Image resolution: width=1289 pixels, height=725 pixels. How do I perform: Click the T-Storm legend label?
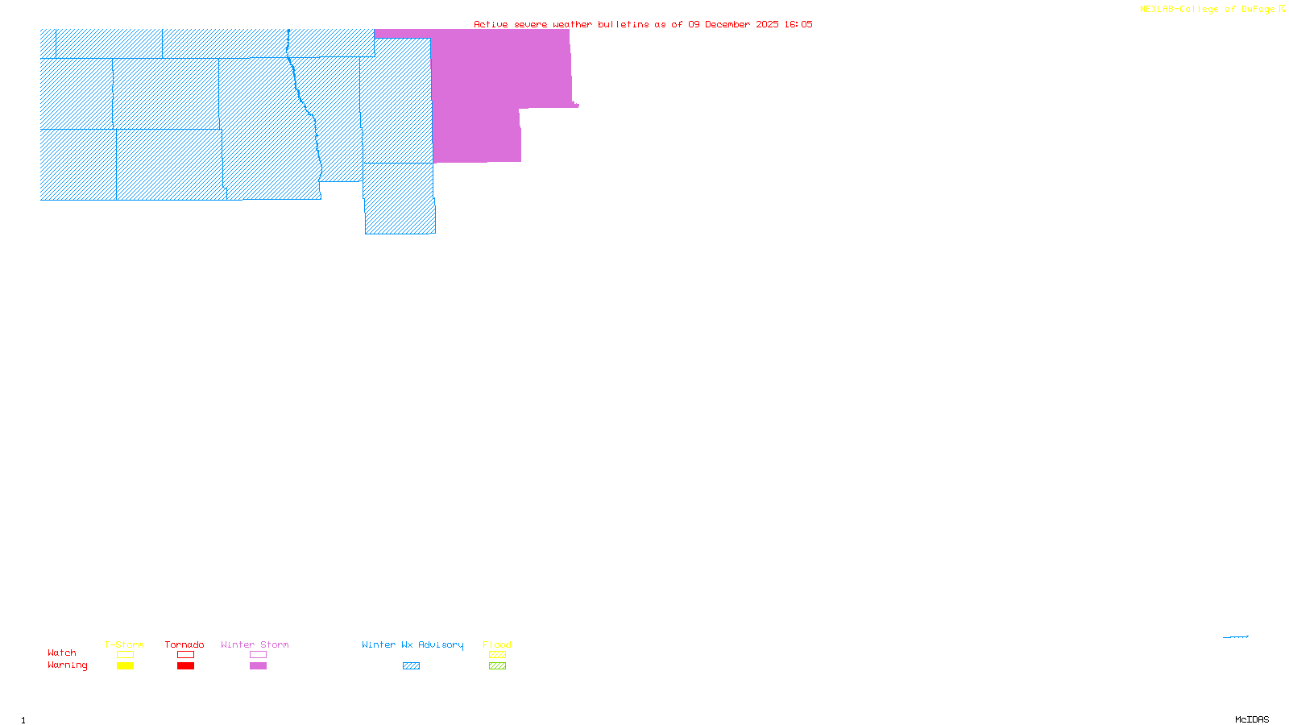click(124, 644)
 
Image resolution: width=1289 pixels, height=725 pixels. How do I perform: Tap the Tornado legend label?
click(184, 644)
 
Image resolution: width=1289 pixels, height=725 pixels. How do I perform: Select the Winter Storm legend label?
click(255, 644)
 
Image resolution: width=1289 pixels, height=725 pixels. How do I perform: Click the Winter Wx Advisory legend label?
click(412, 644)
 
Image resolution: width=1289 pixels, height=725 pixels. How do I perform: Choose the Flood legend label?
click(497, 644)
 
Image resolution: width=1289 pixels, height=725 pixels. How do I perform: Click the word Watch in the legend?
click(62, 652)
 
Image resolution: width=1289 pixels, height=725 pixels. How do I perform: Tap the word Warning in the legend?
click(68, 665)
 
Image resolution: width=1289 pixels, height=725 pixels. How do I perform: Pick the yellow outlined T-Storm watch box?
click(125, 655)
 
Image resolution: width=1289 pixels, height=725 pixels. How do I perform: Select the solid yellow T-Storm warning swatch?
click(125, 666)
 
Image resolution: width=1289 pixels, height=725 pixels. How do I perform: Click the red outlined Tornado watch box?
click(185, 655)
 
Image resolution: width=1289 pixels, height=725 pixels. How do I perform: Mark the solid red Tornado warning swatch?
click(185, 666)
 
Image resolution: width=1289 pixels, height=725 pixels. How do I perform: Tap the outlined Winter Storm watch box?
click(258, 655)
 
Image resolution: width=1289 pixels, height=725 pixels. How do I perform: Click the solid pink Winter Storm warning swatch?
click(258, 666)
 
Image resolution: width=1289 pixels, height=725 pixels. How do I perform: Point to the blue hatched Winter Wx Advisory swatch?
click(411, 666)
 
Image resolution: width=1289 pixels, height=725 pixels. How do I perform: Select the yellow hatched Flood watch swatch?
click(497, 655)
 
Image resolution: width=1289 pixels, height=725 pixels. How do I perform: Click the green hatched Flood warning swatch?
click(497, 666)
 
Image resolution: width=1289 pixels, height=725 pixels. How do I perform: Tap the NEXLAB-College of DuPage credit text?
click(1208, 10)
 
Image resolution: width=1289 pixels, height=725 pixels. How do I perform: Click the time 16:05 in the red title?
click(798, 24)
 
